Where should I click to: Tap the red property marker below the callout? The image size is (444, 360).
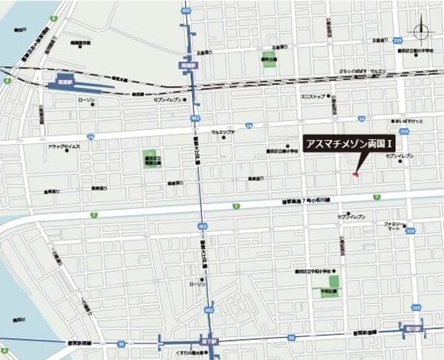point(355,175)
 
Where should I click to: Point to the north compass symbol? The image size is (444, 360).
point(422,31)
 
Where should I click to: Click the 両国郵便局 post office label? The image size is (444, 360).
point(153,160)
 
